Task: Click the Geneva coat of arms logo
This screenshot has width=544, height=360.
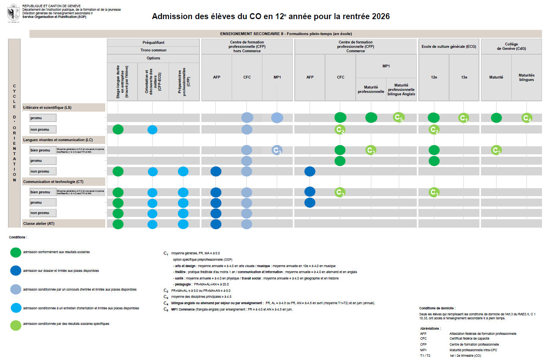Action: point(13,12)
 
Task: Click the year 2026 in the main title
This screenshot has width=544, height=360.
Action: point(380,16)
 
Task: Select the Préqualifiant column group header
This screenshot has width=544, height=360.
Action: point(153,43)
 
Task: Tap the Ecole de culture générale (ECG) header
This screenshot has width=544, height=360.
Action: point(449,47)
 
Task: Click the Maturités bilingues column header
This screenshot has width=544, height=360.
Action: point(526,77)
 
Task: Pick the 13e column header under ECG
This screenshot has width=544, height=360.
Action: point(464,77)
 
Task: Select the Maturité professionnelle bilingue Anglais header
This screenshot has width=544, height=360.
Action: point(401,90)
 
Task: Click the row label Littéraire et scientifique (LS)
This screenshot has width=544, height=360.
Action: point(47,108)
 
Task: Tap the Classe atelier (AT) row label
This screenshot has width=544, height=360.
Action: point(39,224)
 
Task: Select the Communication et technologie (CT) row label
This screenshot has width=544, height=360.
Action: point(53,182)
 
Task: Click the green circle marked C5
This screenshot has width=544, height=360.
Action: point(398,117)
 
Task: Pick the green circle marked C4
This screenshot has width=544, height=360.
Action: point(527,118)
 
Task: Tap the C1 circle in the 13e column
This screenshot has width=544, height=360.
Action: point(463,118)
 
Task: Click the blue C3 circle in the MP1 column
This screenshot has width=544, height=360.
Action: point(277,150)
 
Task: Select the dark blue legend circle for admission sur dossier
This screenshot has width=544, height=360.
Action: point(16,271)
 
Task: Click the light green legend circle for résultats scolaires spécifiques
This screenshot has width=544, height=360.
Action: point(16,325)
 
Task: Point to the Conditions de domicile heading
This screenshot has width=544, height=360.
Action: point(437,308)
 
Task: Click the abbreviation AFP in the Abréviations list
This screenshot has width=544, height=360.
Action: point(423,334)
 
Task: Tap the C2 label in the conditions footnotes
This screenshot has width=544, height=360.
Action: point(166,291)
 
